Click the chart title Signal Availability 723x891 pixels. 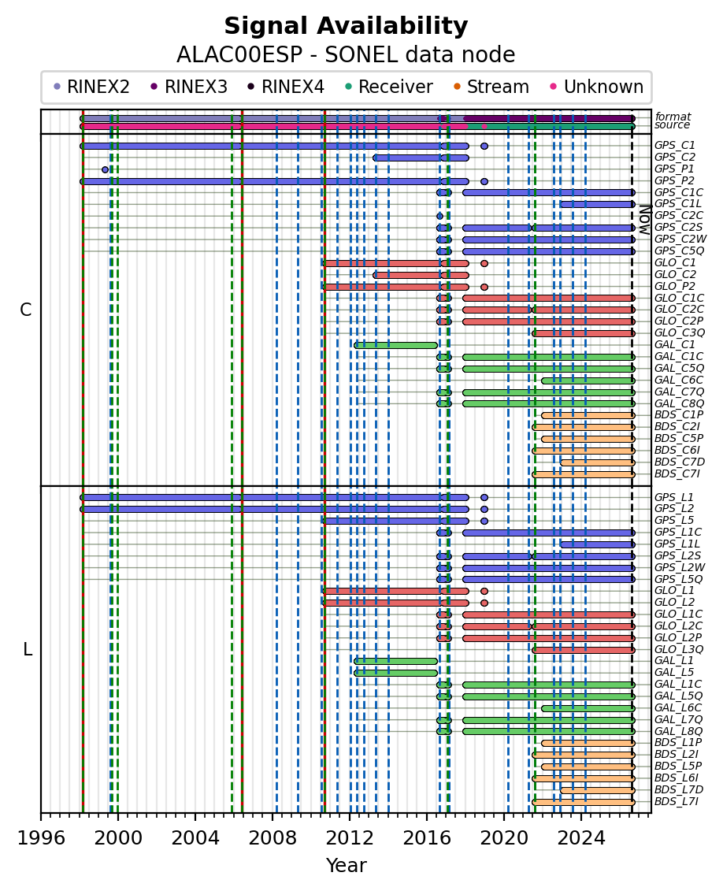point(346,26)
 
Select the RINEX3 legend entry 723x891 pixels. point(190,87)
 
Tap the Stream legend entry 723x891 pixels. point(491,87)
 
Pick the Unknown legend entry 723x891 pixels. point(597,87)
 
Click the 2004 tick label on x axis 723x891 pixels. point(195,838)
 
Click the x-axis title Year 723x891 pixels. point(346,866)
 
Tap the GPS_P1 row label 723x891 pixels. point(674,169)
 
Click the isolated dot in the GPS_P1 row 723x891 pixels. point(105,169)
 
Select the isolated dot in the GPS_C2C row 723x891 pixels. point(439,216)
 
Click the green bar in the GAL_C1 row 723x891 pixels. point(396,345)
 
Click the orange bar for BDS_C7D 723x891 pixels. point(597,462)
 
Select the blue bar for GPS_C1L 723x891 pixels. point(597,204)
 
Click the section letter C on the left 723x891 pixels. point(25,310)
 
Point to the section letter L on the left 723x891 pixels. point(28,649)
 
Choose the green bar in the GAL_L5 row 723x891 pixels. point(396,673)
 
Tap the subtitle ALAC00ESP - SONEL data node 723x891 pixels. point(346,55)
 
